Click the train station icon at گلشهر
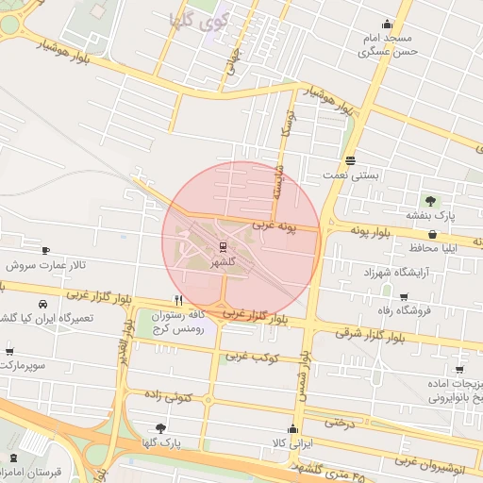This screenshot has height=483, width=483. point(224,248)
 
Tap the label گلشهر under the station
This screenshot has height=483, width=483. point(224,263)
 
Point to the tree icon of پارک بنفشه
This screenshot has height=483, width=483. point(431,201)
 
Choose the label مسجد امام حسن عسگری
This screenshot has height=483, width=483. point(387,44)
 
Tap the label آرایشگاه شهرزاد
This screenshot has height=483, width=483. point(396,272)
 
